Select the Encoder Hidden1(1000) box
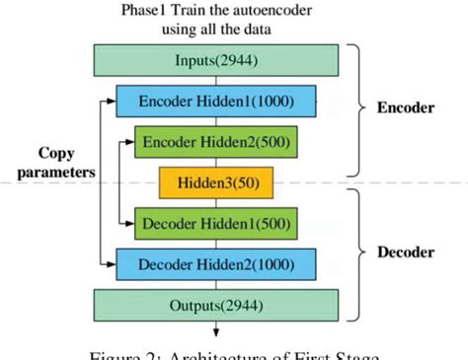click(x=217, y=102)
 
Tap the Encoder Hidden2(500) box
click(x=217, y=142)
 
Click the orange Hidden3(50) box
click(x=218, y=182)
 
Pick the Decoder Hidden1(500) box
click(x=217, y=222)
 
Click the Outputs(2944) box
click(x=215, y=304)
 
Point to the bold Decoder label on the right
click(x=405, y=252)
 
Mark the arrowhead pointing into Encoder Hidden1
click(x=111, y=102)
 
